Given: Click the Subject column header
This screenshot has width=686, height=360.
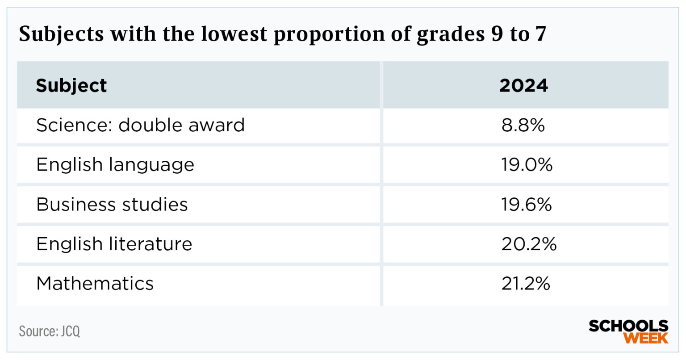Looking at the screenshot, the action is (71, 85).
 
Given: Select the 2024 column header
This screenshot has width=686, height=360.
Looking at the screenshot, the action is (523, 85).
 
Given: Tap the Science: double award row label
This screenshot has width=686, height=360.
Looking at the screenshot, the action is (140, 125).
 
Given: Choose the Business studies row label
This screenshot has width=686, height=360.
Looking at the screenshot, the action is (112, 205).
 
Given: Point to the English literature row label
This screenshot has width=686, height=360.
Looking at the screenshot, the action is (114, 244).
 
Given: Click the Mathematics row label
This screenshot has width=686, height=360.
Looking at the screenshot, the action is (95, 284).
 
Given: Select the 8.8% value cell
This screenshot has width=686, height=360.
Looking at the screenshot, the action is (523, 125).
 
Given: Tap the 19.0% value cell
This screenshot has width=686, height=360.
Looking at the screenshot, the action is (527, 165).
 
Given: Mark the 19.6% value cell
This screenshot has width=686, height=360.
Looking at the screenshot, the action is (527, 205).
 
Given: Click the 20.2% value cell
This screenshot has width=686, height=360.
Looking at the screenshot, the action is (529, 244).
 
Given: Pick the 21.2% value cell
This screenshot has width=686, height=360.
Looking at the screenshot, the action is (526, 284).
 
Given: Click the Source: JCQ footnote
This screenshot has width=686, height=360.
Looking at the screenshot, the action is (49, 331).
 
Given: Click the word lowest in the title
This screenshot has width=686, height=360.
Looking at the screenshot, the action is (234, 33).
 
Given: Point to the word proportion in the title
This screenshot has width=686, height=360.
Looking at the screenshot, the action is (329, 35).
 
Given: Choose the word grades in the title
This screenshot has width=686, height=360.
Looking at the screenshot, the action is (451, 35).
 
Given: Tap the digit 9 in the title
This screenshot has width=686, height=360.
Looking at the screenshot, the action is (498, 34).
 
